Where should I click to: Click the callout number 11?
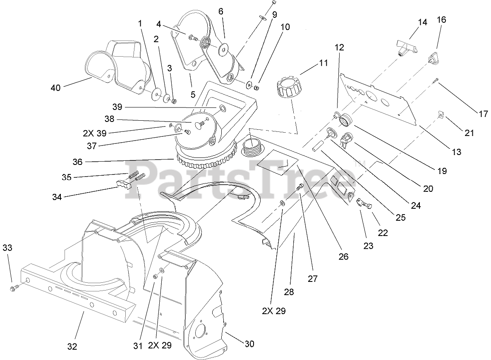323,63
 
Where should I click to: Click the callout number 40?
56,88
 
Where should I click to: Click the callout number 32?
72,346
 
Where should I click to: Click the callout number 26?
343,257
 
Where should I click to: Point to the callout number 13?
456,152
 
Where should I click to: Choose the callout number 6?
221,12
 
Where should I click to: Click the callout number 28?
289,292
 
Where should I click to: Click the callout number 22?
383,233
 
